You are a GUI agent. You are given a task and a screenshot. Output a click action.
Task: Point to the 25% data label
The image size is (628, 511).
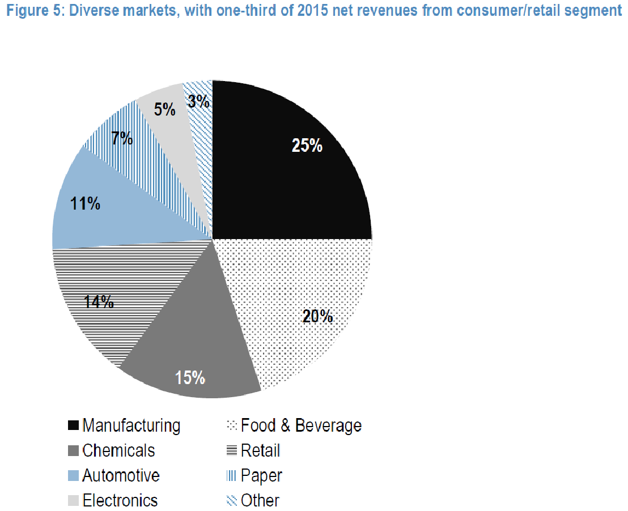point(307,146)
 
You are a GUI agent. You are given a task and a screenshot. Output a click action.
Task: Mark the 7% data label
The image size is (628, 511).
point(122,138)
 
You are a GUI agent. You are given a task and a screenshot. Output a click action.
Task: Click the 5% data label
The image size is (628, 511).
point(164,109)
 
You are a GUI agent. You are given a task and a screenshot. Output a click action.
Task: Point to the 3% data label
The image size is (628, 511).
point(200,103)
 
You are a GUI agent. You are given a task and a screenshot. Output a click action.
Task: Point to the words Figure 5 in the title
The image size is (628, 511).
point(27,11)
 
